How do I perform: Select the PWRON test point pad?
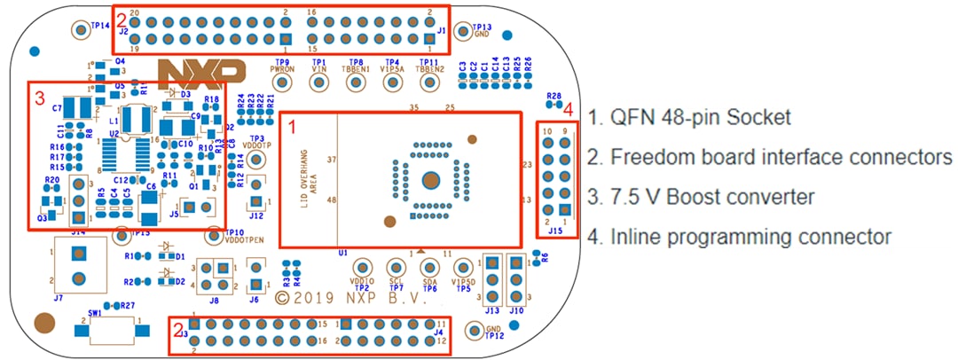pos(283,82)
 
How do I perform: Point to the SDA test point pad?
pos(429,268)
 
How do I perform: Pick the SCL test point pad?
pos(396,268)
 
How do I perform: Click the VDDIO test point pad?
pos(362,268)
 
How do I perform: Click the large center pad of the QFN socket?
pos(430,180)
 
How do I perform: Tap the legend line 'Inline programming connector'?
pos(738,237)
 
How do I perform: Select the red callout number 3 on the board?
pos(37,98)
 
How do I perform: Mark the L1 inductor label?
pos(114,119)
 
